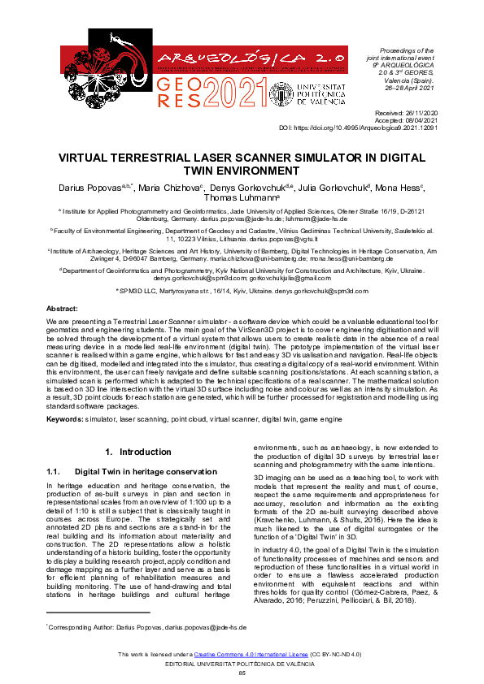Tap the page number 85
(x=242, y=673)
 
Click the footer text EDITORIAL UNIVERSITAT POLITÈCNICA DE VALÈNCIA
(x=242, y=664)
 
